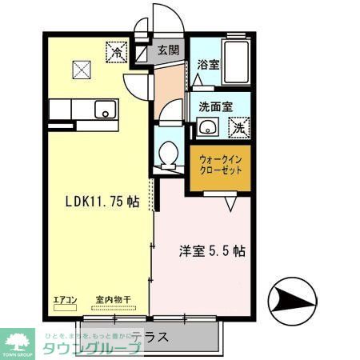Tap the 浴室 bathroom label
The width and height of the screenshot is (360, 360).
209,64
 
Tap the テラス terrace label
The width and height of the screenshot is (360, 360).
150,337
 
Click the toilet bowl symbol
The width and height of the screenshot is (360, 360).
168,154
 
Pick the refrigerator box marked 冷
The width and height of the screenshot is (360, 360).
117,54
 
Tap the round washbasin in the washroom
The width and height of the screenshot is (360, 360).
208,127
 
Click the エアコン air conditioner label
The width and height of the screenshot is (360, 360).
65,300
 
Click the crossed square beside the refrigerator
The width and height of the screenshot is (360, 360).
82,69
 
